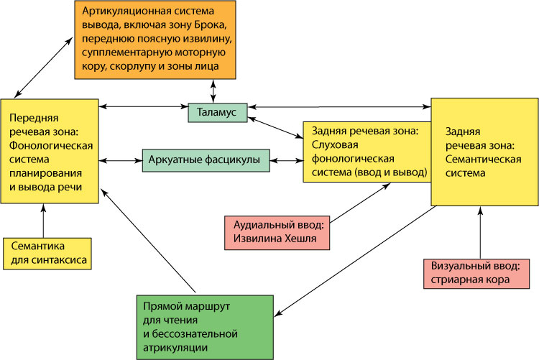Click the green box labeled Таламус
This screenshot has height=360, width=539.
218,112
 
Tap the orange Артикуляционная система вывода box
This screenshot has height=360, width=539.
155,40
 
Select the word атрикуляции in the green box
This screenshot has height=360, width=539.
172,348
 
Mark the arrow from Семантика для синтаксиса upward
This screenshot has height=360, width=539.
44,219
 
